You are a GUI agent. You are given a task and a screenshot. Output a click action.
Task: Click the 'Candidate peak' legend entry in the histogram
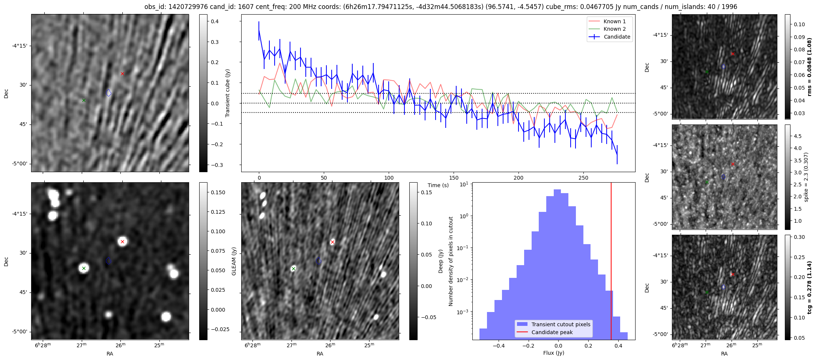pyautogui.click(x=552, y=332)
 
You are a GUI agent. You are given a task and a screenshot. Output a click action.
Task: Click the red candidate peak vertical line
pyautogui.click(x=611, y=262)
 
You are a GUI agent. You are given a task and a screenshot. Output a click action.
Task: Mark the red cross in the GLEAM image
pyautogui.click(x=122, y=241)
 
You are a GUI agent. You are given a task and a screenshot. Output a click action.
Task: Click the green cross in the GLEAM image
pyautogui.click(x=84, y=268)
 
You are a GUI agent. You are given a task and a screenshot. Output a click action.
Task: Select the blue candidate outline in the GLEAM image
pyautogui.click(x=108, y=261)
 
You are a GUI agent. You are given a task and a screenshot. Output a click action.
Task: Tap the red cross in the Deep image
pyautogui.click(x=332, y=242)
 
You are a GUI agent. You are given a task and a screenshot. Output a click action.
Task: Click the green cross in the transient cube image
pyautogui.click(x=84, y=100)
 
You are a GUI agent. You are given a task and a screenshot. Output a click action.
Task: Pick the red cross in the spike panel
pyautogui.click(x=733, y=164)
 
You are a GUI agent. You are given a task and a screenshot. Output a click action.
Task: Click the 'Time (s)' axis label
pyautogui.click(x=438, y=185)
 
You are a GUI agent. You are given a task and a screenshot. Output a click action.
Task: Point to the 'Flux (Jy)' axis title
pyautogui.click(x=553, y=353)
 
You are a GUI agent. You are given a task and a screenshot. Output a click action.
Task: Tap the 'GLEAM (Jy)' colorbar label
pyautogui.click(x=234, y=261)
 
